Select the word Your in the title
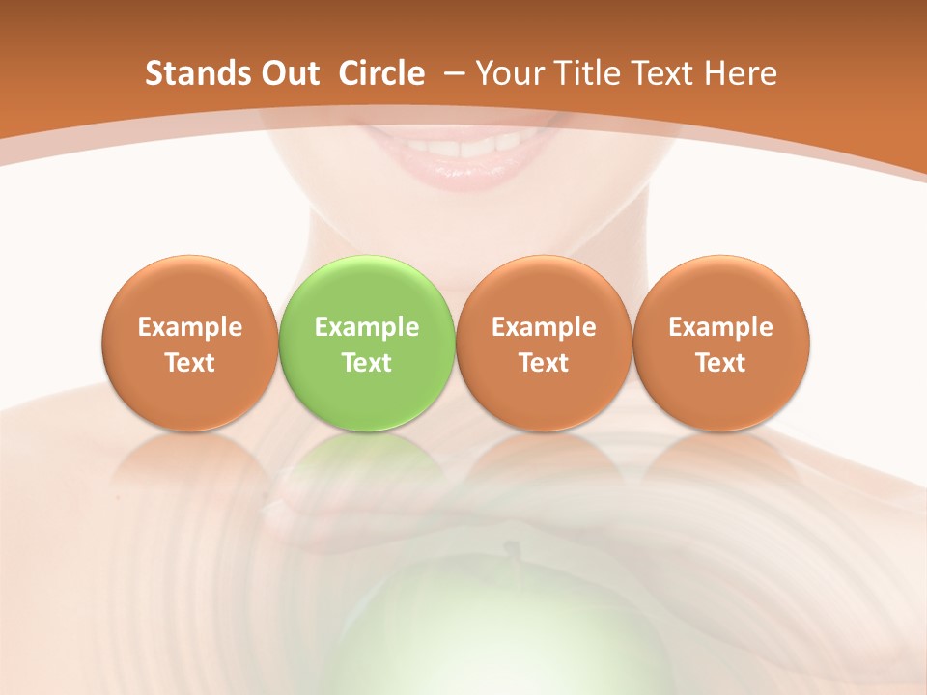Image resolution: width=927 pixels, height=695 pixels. click(510, 73)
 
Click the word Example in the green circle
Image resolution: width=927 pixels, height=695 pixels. click(367, 327)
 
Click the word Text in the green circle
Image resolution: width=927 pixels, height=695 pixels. click(367, 363)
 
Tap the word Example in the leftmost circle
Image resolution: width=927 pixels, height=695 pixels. click(190, 327)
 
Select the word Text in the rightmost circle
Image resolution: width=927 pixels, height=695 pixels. click(720, 363)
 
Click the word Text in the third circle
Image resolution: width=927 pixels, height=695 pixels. click(544, 363)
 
